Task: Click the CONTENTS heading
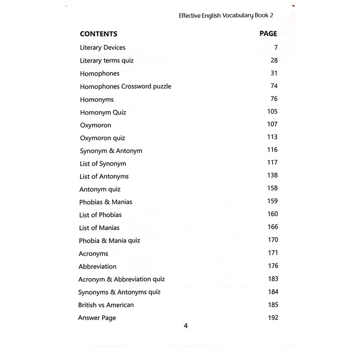click(99, 34)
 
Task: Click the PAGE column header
click(268, 33)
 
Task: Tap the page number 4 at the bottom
click(186, 325)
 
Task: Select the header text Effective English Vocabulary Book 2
click(226, 15)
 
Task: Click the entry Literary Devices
click(103, 48)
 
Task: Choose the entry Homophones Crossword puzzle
click(125, 86)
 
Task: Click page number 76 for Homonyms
click(274, 99)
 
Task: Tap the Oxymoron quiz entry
click(102, 138)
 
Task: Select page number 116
click(272, 150)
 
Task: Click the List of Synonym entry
click(103, 164)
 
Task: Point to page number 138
click(272, 175)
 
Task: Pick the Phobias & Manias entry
click(106, 202)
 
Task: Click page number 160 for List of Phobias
click(272, 214)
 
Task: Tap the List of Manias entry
click(99, 228)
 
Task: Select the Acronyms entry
click(93, 254)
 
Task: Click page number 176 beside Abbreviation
click(273, 266)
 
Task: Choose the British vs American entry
click(105, 305)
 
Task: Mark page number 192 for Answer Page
click(273, 317)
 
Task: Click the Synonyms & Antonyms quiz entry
click(119, 292)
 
